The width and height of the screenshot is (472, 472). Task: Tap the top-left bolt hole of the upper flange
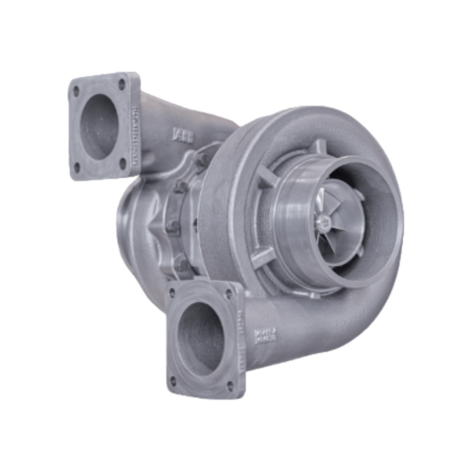pyautogui.click(x=76, y=91)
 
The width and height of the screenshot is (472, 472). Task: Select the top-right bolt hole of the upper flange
pyautogui.click(x=122, y=83)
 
